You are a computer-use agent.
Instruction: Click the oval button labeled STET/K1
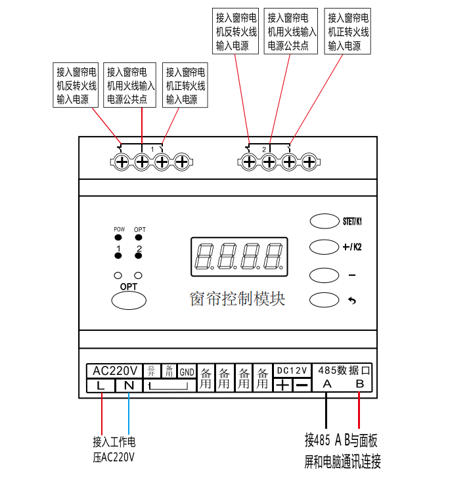pos(322,221)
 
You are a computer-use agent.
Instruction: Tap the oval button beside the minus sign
pos(322,273)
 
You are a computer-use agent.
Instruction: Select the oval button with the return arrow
pos(322,299)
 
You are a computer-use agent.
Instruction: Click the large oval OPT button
pos(129,300)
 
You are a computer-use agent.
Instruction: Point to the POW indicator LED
pos(119,237)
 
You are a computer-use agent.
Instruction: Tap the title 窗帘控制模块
pos(238,299)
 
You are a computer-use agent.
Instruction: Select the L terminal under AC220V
pos(100,385)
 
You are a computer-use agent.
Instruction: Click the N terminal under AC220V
pos(129,385)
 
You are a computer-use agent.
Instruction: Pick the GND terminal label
pos(187,372)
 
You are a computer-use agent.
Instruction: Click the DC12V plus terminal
pos(282,385)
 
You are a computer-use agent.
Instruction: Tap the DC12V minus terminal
pos(302,385)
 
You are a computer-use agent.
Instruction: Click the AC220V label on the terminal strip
pos(114,370)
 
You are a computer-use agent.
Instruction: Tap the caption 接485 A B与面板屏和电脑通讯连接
pos(342,450)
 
